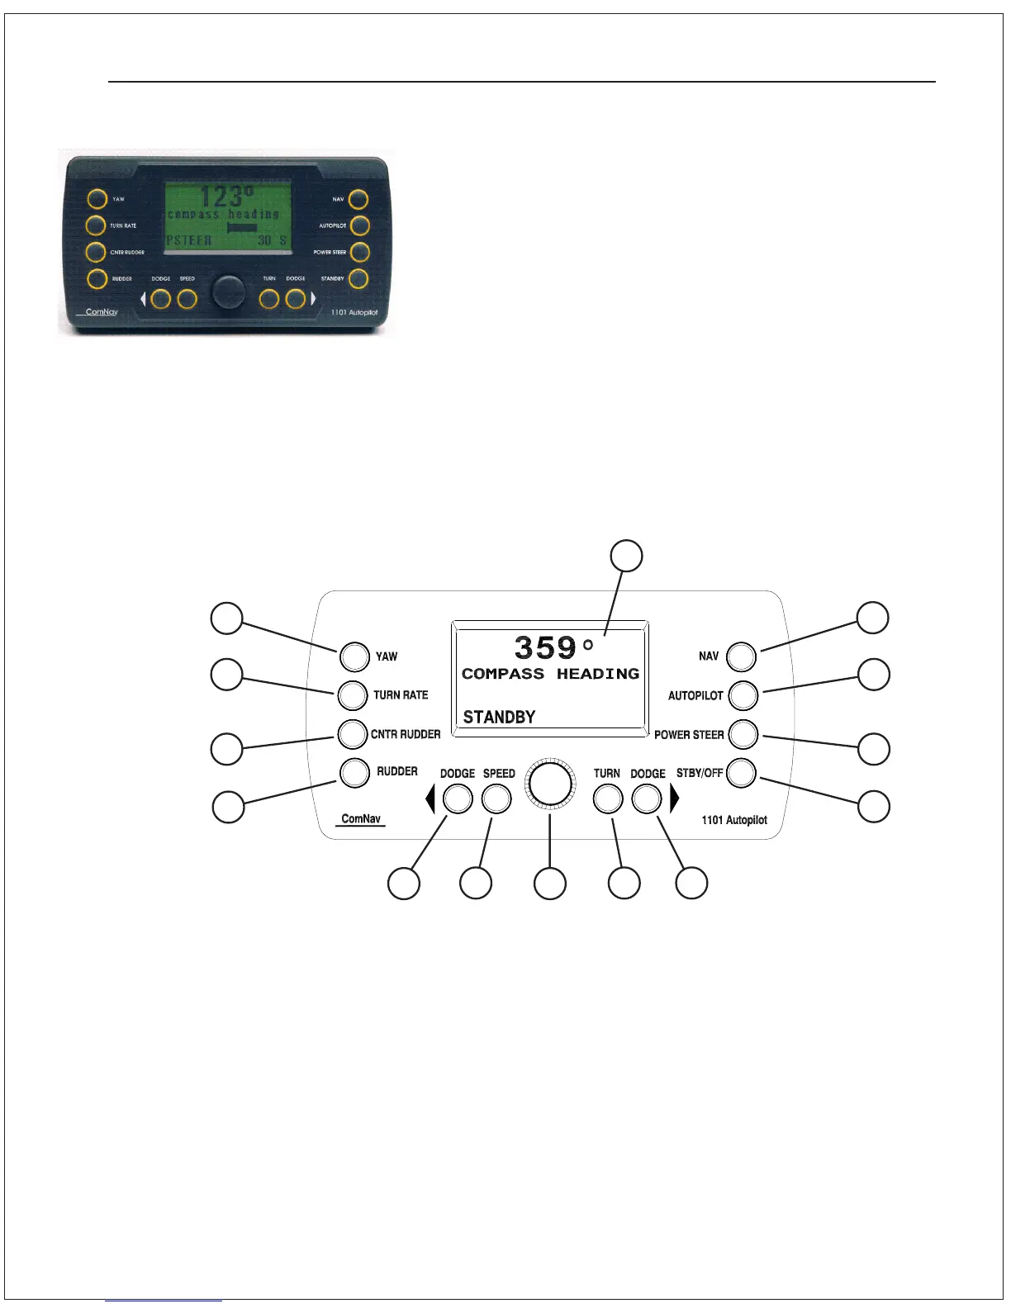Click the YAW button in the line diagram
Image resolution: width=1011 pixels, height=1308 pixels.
click(354, 656)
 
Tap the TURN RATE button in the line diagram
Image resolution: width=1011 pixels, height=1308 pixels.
click(353, 695)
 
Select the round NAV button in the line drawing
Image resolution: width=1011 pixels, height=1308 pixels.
click(741, 656)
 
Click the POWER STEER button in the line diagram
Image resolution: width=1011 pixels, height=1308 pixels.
click(743, 734)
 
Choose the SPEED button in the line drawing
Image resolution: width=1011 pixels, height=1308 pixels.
click(496, 799)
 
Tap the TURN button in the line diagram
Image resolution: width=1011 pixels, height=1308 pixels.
click(608, 799)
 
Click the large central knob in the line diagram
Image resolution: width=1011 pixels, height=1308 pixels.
click(550, 783)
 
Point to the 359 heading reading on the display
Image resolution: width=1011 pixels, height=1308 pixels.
click(545, 647)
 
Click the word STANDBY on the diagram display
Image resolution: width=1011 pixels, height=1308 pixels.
click(499, 717)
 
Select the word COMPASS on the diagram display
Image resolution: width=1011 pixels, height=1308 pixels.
click(503, 674)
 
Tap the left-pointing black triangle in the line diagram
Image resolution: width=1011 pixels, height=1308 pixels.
click(430, 799)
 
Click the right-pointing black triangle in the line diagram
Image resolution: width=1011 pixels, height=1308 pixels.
click(675, 799)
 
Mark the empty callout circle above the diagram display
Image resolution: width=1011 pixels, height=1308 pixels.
click(626, 556)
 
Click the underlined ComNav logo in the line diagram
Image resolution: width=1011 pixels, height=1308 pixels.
click(361, 819)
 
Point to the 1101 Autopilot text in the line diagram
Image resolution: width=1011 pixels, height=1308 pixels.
click(734, 820)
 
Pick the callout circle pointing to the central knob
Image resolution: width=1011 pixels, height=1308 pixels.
click(550, 884)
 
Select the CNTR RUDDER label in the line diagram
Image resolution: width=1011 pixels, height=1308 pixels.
click(406, 734)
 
